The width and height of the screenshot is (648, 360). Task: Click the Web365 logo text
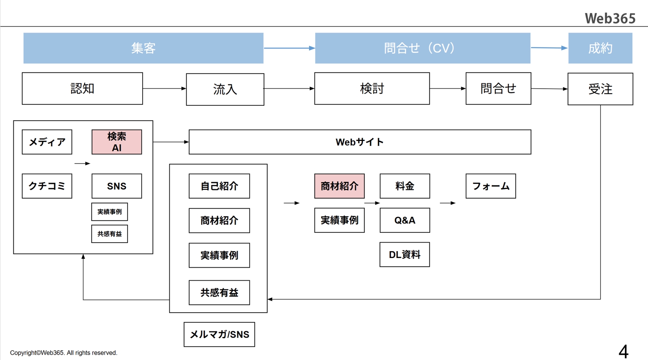coord(610,18)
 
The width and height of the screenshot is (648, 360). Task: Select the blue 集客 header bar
coord(143,48)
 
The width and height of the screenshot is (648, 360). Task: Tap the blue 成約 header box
coord(600,48)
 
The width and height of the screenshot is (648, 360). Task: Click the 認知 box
coord(82,89)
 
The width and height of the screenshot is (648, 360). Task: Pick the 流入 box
coord(225,89)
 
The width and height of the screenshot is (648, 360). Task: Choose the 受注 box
coord(600,89)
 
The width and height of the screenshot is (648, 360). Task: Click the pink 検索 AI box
coord(117,142)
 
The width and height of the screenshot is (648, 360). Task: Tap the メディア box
coord(47,142)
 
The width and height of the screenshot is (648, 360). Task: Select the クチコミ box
coord(47,186)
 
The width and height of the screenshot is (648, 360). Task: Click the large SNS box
coord(117,186)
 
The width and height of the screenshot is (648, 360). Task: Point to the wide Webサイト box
coord(360,142)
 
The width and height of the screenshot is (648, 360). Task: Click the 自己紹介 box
coord(219,186)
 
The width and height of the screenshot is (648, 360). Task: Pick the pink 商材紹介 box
coord(339,186)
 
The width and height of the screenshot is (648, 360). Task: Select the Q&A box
coord(405,220)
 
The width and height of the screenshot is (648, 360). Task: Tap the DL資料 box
coord(405,255)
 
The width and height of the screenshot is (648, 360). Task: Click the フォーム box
coord(490,186)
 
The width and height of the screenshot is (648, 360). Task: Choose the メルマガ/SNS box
coord(219,334)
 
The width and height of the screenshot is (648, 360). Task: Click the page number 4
coord(623,351)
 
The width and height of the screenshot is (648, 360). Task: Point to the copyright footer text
coord(64,353)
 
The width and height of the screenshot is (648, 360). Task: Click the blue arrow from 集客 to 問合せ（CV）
coord(289,48)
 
